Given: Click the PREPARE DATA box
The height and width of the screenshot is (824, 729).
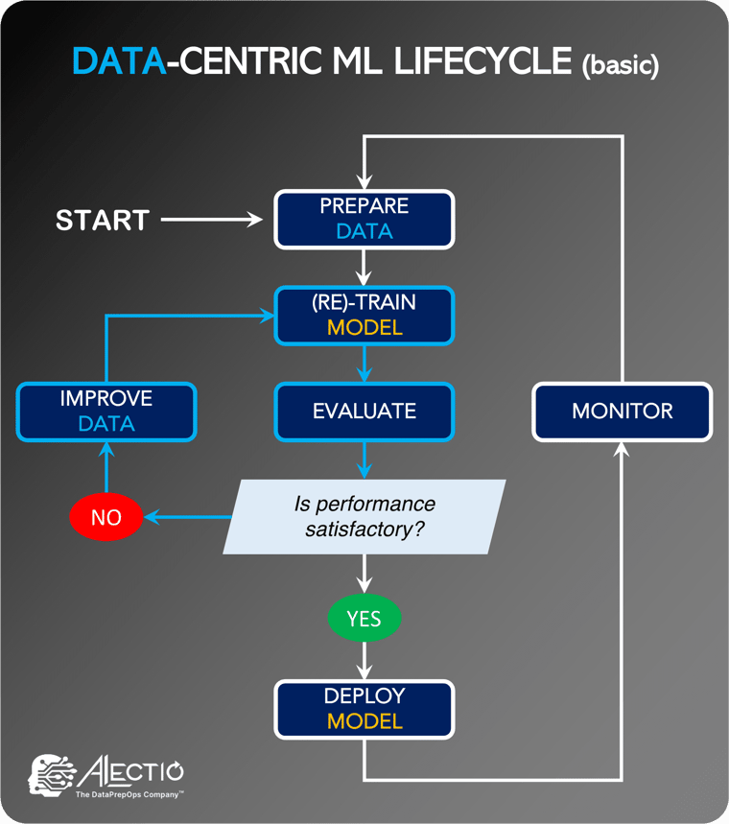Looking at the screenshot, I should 364,219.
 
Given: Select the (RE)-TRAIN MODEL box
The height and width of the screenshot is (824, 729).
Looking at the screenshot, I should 364,315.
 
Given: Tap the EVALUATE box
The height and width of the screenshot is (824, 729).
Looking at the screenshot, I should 364,412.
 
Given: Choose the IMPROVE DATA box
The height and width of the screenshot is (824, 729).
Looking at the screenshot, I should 106,412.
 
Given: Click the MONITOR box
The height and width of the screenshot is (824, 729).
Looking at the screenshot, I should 622,412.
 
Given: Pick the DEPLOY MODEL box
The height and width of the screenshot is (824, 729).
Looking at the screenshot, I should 364,708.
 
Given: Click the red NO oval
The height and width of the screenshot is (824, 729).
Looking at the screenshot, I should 106,517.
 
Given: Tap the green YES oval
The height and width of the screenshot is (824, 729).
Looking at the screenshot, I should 364,619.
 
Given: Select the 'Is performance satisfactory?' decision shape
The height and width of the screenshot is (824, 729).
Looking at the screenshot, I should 364,516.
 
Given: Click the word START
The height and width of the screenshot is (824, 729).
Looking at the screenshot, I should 103,220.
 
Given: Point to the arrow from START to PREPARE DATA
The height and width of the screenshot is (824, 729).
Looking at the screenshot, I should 211,220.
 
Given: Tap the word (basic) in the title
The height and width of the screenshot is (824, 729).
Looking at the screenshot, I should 620,66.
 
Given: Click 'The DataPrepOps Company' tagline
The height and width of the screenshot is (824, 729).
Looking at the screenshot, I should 129,794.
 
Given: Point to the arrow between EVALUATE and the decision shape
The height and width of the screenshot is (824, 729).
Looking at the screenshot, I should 364,460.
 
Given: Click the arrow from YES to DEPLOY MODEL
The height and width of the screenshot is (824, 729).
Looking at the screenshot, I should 364,661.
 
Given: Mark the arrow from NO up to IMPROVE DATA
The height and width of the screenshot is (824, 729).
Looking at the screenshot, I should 106,470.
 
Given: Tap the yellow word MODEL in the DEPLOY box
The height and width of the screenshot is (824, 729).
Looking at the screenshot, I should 364,720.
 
